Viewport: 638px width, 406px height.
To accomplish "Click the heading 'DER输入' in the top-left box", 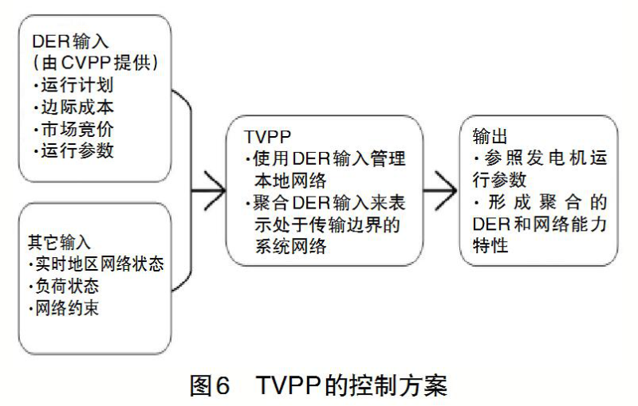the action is pos(70,41).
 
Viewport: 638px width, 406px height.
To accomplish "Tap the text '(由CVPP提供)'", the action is pos(95,63).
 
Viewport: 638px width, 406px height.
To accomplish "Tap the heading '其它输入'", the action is pos(59,242).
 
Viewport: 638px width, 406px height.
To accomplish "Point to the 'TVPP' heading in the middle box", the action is pos(268,137).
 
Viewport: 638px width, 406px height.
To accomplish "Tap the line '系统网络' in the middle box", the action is pos(290,246).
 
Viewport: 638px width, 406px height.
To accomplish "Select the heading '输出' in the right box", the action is pos(490,136).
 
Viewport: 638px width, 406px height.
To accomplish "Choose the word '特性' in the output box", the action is pos(490,245).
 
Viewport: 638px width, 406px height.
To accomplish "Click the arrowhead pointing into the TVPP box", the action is pos(215,190).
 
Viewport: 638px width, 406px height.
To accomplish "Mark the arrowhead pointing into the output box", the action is pos(447,190).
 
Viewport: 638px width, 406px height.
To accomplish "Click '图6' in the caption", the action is pos(210,385).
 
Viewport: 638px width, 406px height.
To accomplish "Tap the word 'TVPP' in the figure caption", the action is pos(289,385).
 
